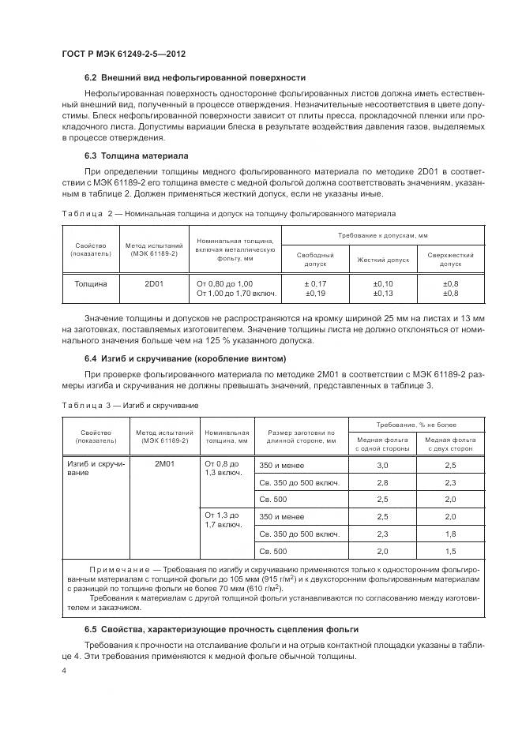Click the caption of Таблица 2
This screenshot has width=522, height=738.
pyautogui.click(x=228, y=213)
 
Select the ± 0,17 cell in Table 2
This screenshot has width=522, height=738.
pyautogui.click(x=315, y=283)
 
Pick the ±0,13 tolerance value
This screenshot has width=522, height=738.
pyautogui.click(x=383, y=293)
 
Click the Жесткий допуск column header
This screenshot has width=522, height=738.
pyautogui.click(x=383, y=259)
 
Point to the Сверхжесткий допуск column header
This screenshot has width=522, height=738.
pyautogui.click(x=450, y=259)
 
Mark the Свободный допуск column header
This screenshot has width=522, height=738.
pyautogui.click(x=315, y=259)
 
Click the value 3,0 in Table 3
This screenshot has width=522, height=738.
pyautogui.click(x=383, y=465)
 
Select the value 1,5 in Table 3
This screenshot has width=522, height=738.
pyautogui.click(x=451, y=551)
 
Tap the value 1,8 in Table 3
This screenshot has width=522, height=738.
pyautogui.click(x=451, y=534)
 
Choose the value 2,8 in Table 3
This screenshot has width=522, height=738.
pyautogui.click(x=383, y=482)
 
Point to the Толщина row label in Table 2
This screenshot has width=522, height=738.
pyautogui.click(x=91, y=283)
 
